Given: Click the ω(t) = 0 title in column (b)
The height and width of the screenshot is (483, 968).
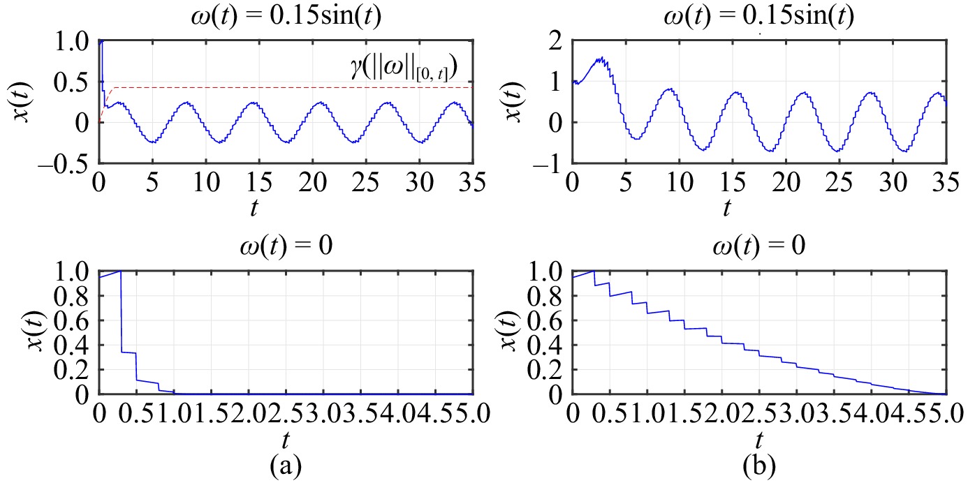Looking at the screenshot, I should pyautogui.click(x=758, y=249).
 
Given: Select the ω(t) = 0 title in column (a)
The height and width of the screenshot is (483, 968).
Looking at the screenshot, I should pyautogui.click(x=286, y=249).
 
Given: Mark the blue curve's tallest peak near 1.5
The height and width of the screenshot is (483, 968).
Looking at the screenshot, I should pyautogui.click(x=599, y=59).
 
